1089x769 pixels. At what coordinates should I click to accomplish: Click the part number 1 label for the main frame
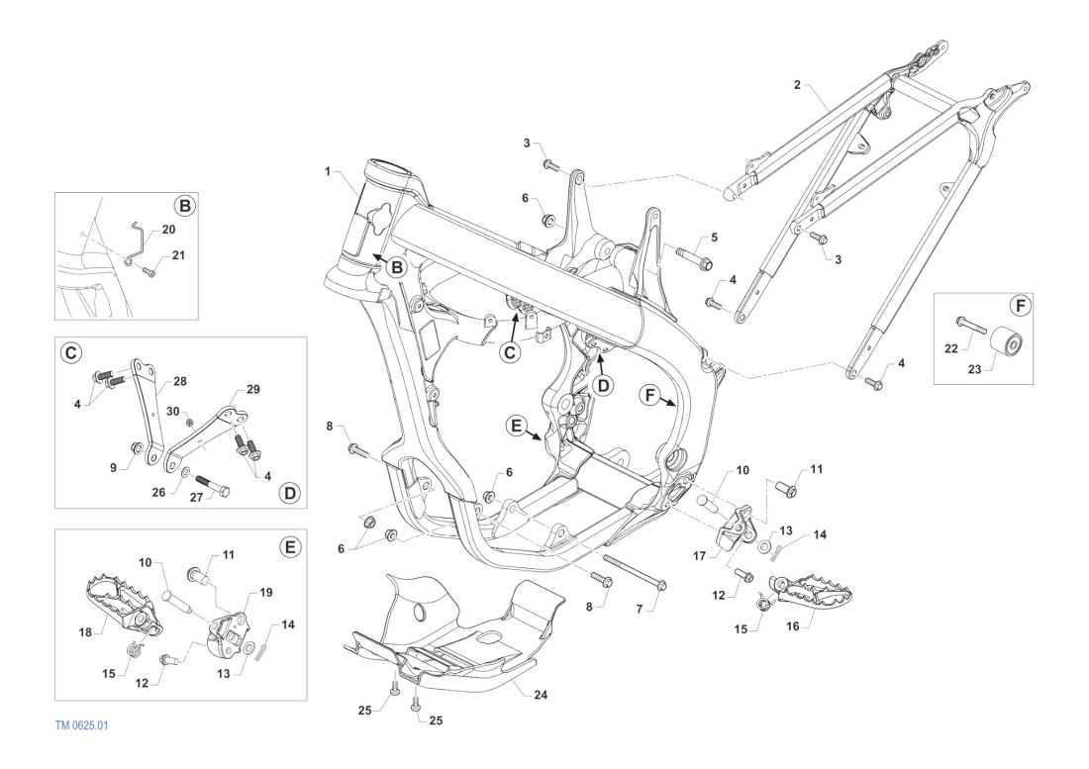click(327, 171)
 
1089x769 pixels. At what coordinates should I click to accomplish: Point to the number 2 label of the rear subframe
click(797, 85)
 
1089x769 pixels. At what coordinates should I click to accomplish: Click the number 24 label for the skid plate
click(541, 695)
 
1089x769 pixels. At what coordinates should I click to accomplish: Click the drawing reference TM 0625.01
click(82, 725)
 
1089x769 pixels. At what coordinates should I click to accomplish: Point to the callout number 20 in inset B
click(168, 229)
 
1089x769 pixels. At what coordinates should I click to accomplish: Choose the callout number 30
click(172, 411)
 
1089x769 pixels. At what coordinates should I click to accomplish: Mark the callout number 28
click(179, 380)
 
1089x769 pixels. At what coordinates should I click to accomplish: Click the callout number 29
click(252, 390)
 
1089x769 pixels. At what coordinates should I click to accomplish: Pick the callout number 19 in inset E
click(265, 592)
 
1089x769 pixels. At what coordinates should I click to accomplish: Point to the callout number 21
click(178, 255)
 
